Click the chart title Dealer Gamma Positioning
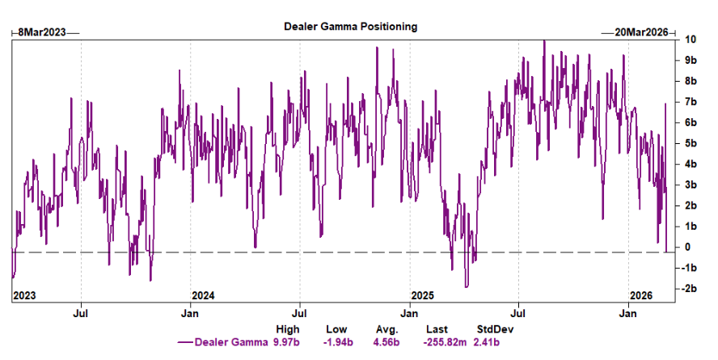[350, 26]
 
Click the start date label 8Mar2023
[44, 32]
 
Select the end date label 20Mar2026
[637, 32]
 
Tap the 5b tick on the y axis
[691, 143]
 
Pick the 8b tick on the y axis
[691, 81]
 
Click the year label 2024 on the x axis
[204, 294]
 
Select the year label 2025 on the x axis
[423, 294]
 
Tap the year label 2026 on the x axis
[642, 294]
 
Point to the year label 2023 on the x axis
[25, 294]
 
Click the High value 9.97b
[287, 342]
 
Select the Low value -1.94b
[336, 342]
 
